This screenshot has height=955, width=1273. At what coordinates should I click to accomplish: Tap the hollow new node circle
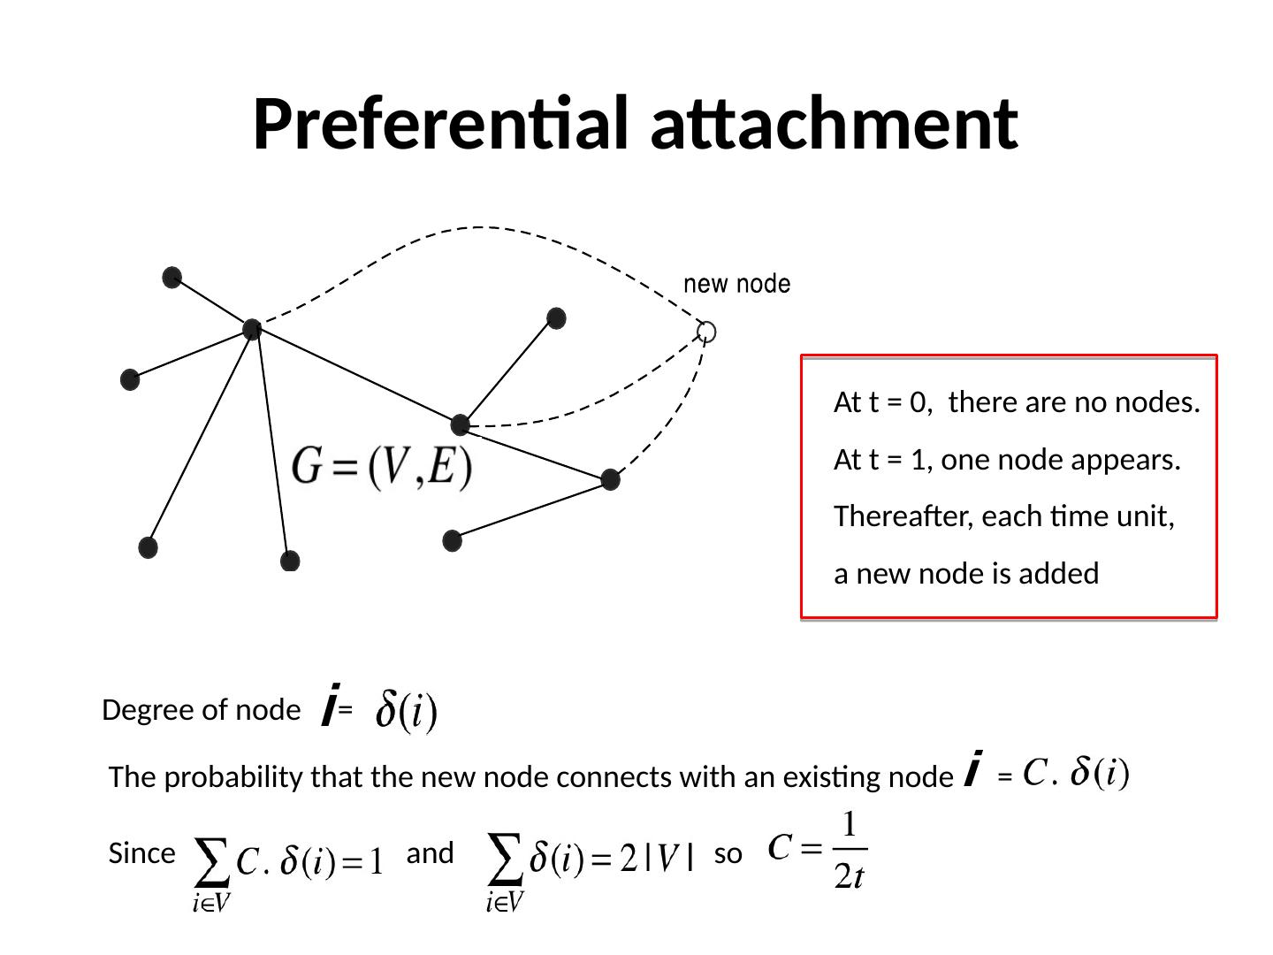pos(705,332)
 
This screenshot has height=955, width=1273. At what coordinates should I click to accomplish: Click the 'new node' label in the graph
pos(737,284)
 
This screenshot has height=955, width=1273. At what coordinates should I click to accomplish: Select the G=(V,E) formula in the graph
pos(382,467)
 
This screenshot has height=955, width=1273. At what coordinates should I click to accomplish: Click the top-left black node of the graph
pos(172,278)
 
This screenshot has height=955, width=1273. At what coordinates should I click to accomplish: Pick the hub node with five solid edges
pos(252,330)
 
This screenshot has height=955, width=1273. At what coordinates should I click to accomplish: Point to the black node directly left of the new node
pos(556,318)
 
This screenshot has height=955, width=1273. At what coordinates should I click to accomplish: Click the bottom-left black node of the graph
pos(149,547)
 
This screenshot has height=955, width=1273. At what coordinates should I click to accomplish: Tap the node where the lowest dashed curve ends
pos(610,480)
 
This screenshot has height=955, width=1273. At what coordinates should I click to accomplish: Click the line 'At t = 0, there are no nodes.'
pos(1017,403)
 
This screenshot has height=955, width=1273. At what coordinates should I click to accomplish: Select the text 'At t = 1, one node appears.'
pos(1007,460)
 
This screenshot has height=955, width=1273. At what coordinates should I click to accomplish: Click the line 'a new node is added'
pos(966,574)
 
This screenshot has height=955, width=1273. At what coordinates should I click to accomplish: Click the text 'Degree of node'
pos(201,710)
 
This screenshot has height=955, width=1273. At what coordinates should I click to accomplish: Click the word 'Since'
pos(141,854)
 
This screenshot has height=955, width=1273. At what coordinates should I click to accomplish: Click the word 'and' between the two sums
pos(430,854)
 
